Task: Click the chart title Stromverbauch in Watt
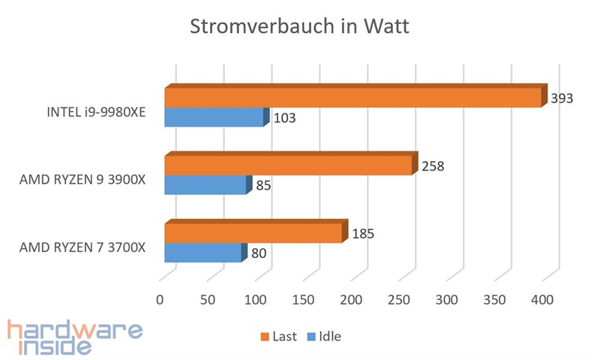click(x=299, y=28)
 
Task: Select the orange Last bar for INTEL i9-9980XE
click(x=352, y=97)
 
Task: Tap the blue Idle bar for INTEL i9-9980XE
click(x=214, y=117)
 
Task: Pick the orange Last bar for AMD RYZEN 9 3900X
click(x=288, y=165)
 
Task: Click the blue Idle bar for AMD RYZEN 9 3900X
click(x=205, y=184)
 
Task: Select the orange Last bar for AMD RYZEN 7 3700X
click(x=253, y=233)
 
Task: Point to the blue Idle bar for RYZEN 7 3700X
click(x=202, y=253)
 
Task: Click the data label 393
click(x=562, y=98)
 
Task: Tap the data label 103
click(x=284, y=118)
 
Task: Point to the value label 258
click(x=433, y=166)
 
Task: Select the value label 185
click(x=362, y=234)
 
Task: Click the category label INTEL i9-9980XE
click(x=95, y=112)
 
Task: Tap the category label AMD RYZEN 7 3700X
click(x=82, y=247)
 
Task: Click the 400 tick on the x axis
click(x=542, y=299)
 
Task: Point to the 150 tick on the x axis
click(x=303, y=299)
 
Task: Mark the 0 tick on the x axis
click(x=160, y=299)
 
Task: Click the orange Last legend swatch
click(x=264, y=336)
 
